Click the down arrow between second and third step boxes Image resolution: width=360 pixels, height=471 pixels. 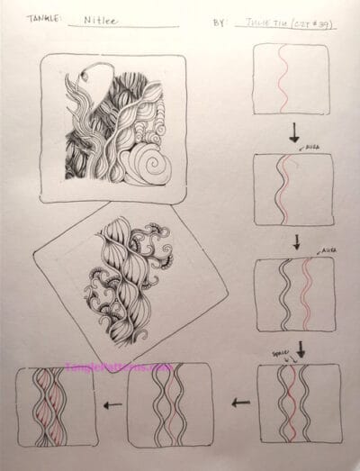pyautogui.click(x=294, y=241)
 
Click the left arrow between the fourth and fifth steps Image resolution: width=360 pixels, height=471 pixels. pyautogui.click(x=236, y=404)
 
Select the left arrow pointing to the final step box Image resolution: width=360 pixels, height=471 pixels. pyautogui.click(x=112, y=405)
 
